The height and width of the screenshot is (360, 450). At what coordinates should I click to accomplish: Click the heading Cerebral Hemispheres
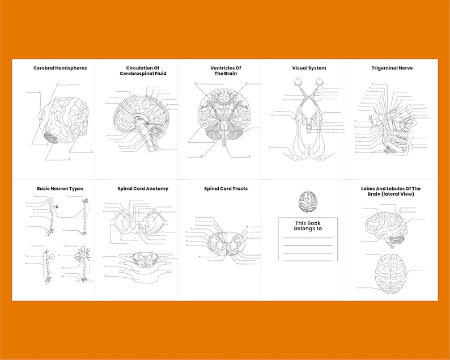pyautogui.click(x=60, y=68)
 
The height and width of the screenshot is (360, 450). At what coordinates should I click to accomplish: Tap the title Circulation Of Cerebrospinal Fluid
pyautogui.click(x=143, y=71)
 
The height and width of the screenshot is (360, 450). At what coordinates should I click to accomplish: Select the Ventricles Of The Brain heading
pyautogui.click(x=226, y=71)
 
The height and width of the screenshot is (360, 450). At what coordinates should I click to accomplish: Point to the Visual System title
pyautogui.click(x=309, y=68)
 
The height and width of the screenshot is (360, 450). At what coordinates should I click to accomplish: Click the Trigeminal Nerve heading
pyautogui.click(x=392, y=68)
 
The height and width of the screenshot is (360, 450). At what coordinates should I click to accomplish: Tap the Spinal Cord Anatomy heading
pyautogui.click(x=143, y=189)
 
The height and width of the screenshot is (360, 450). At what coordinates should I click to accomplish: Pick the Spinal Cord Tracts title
pyautogui.click(x=226, y=189)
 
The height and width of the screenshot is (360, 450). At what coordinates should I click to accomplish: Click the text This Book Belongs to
pyautogui.click(x=308, y=226)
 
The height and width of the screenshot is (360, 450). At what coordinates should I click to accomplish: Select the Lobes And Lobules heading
pyautogui.click(x=391, y=191)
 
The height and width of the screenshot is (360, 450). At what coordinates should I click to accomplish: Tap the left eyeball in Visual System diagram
pyautogui.click(x=298, y=83)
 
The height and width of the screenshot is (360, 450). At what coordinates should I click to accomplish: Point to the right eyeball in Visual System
pyautogui.click(x=320, y=83)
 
